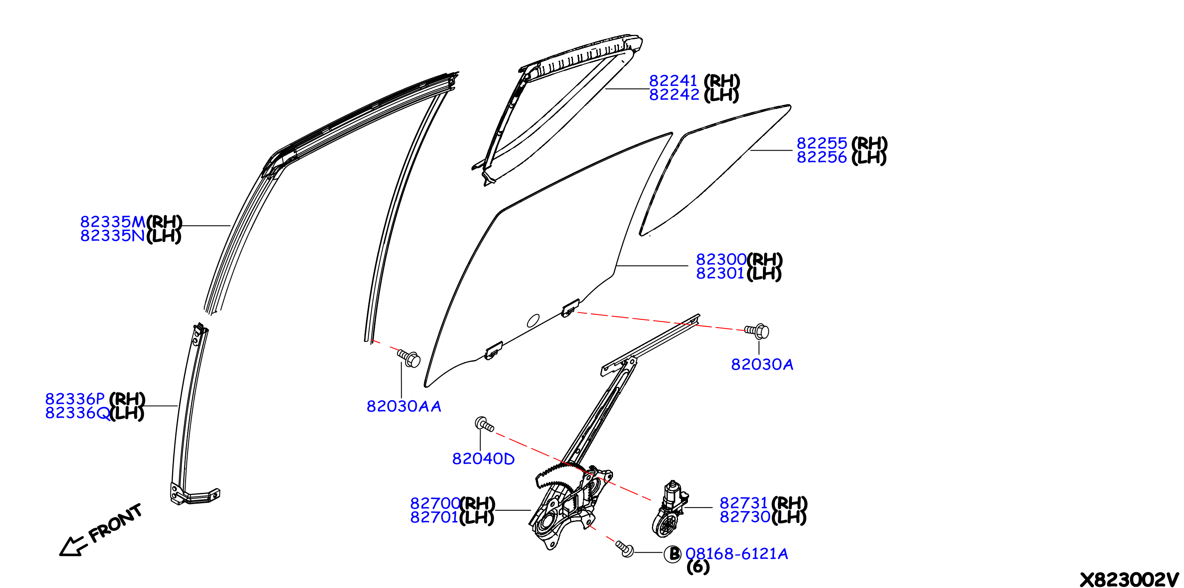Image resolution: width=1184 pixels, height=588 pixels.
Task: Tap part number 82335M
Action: click(113, 222)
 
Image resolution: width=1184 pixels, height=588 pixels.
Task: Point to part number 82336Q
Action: click(78, 413)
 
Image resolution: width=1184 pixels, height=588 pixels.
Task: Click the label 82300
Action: click(721, 260)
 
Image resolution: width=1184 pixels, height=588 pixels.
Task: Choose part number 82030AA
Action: click(404, 406)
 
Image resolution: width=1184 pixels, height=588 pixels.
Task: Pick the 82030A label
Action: click(762, 364)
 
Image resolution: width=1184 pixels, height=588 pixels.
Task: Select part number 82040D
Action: click(483, 458)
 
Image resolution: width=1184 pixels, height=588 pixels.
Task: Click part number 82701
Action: click(434, 517)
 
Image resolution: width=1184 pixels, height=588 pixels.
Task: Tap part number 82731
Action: click(744, 503)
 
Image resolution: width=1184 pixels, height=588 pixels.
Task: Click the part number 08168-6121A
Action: click(737, 554)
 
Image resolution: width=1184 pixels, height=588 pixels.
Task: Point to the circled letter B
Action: click(673, 554)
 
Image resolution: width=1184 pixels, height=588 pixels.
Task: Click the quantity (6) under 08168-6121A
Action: click(698, 567)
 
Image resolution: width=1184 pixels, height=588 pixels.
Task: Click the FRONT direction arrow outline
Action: click(73, 546)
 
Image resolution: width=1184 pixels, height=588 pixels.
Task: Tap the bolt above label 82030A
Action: click(757, 331)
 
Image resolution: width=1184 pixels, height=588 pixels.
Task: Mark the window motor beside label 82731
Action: click(669, 509)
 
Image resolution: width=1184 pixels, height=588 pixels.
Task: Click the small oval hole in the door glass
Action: click(533, 321)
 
